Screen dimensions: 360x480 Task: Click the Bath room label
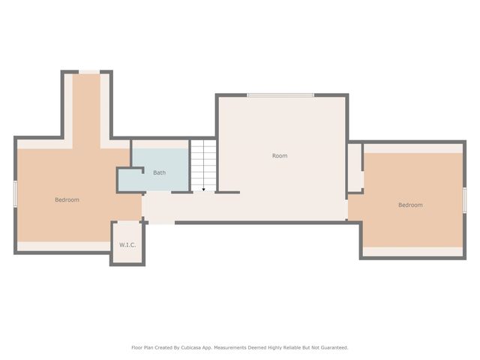[x=159, y=172]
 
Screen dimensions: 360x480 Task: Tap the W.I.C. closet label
[x=127, y=244]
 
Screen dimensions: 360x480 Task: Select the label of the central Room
[x=279, y=156]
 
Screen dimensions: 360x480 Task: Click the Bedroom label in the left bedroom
[x=67, y=199]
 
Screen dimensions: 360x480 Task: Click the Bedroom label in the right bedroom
[x=410, y=205]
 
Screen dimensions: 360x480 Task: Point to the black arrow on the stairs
[x=202, y=190]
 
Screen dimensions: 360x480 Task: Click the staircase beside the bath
[x=202, y=165]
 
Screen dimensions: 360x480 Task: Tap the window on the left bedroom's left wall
[x=15, y=193]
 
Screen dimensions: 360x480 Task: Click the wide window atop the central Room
[x=280, y=94]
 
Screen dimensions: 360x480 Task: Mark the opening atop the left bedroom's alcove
[x=89, y=72]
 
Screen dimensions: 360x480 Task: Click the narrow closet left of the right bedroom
[x=354, y=166]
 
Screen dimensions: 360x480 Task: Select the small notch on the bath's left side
[x=129, y=180]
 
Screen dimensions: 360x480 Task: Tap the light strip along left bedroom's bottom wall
[x=64, y=246]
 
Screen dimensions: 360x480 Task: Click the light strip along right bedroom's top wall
[x=412, y=148]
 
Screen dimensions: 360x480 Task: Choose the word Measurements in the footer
[x=235, y=347]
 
